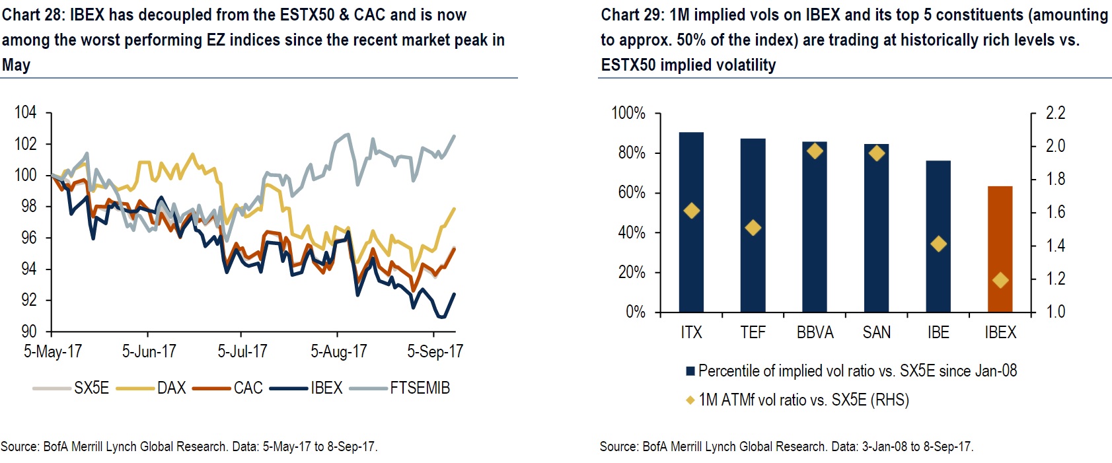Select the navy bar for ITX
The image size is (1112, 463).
691,222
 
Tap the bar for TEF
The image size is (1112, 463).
753,225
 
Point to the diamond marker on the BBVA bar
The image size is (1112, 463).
815,151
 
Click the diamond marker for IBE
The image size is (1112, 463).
938,244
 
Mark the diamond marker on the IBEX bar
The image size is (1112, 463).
1000,280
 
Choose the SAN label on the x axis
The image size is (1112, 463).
876,332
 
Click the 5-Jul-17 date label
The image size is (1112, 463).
242,351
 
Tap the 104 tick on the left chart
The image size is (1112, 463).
26,112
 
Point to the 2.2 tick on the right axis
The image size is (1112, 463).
1056,113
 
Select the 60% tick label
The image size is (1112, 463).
632,192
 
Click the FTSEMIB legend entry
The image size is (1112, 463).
419,388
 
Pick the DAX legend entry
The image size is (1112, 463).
171,388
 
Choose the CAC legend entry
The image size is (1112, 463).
248,388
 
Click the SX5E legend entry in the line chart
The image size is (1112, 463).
91,388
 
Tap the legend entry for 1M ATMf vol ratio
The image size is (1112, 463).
803,400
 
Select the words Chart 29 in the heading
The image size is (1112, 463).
632,15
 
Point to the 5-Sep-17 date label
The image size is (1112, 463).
435,351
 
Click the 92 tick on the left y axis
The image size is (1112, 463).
29,300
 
